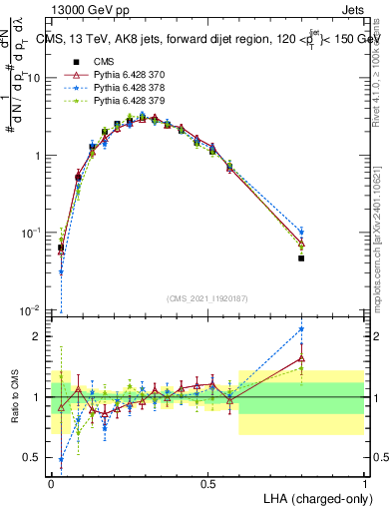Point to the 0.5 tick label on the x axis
[x=207, y=483]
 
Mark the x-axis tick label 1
[x=365, y=483]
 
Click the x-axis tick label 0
[x=52, y=483]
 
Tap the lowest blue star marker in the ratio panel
[x=62, y=460]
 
